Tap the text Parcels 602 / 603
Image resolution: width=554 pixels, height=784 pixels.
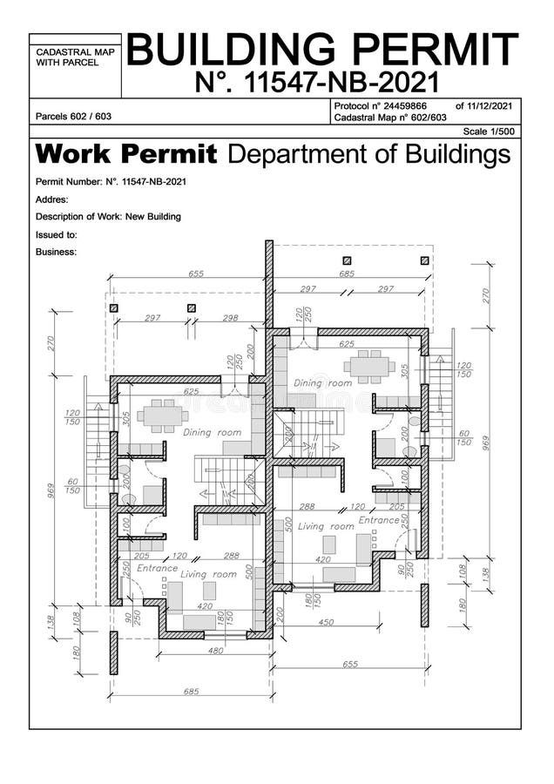tap(73, 116)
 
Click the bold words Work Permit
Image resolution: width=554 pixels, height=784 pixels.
tap(126, 155)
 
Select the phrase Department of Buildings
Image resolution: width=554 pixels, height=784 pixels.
tap(368, 155)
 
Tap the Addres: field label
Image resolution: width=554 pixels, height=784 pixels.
tap(52, 199)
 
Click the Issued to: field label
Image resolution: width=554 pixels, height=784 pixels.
tap(57, 234)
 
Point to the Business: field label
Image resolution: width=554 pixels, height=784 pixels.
tap(57, 252)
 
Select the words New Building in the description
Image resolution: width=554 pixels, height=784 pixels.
tap(153, 217)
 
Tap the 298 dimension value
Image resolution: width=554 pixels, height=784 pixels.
tap(230, 319)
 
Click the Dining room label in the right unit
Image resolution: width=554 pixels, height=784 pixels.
tap(322, 382)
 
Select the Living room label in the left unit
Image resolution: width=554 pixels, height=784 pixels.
tap(208, 574)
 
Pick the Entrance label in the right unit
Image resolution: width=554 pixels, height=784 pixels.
tap(378, 520)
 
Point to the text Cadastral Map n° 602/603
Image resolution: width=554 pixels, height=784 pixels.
tap(389, 117)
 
